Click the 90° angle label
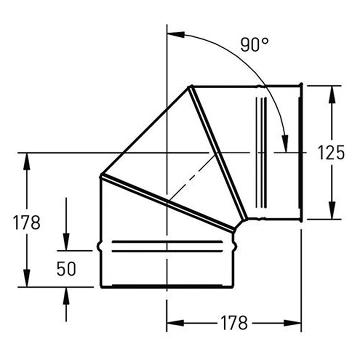pos(254,45)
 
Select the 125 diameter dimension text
pos(331,153)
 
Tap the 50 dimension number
pos(66,269)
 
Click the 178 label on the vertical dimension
pos(27,222)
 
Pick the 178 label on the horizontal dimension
pos(234,323)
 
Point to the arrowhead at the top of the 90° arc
pos(176,35)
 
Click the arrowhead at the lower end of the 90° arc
pos(285,144)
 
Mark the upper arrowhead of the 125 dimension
pos(332,94)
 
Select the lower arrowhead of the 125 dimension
pos(332,210)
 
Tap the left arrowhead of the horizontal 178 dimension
pos(175,323)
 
